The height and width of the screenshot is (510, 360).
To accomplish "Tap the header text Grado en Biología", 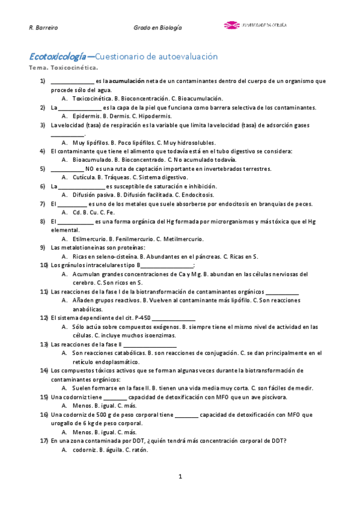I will point(157,28).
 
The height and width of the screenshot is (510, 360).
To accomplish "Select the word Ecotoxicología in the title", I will point(57,57).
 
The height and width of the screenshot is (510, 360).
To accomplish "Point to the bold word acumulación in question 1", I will point(127,81).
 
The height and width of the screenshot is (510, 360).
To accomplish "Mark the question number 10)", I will point(44,265).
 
